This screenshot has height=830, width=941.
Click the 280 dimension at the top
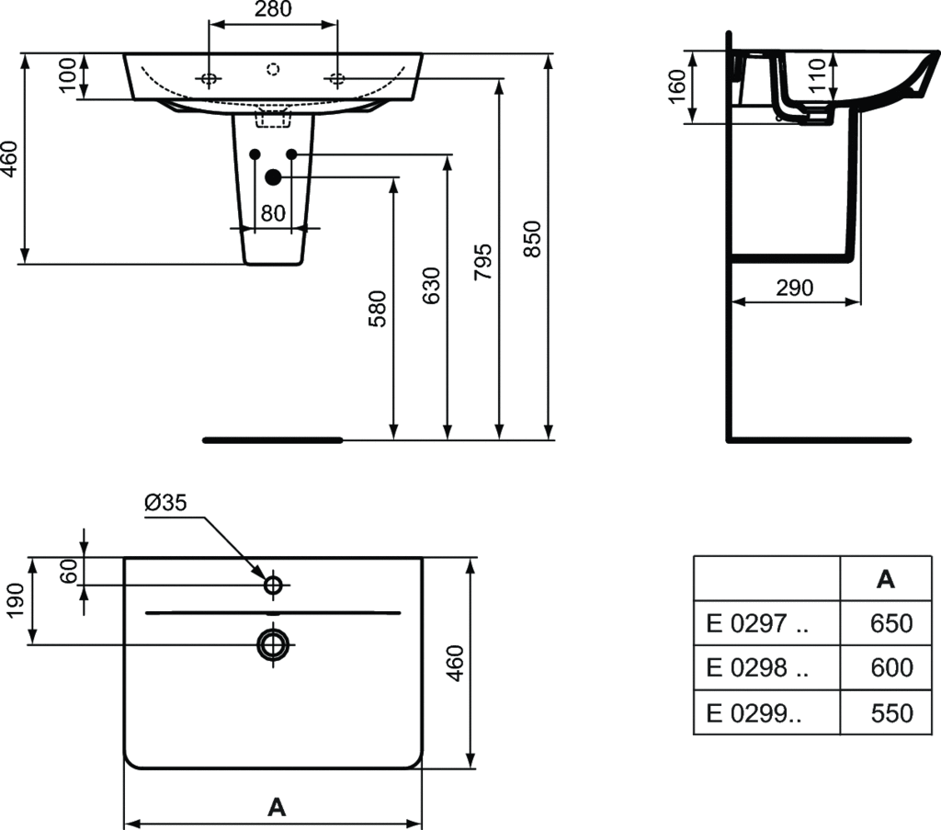click(273, 10)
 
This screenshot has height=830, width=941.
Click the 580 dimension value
click(379, 310)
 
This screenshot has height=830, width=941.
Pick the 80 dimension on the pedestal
click(273, 213)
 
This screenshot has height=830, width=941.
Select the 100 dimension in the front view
click(69, 76)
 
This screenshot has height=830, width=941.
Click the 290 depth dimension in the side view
click(794, 288)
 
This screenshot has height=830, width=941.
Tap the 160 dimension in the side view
click(676, 86)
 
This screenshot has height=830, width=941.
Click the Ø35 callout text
click(165, 503)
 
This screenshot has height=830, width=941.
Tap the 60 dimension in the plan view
click(68, 571)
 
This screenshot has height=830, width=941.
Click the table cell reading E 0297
click(757, 623)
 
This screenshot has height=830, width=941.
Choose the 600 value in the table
click(891, 667)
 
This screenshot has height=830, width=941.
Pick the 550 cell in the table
click(891, 712)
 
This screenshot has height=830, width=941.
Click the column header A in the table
click(885, 579)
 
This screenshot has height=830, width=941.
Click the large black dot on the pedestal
click(273, 177)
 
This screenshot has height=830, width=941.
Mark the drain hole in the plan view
click(273, 644)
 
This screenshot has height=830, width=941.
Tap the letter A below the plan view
click(275, 807)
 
